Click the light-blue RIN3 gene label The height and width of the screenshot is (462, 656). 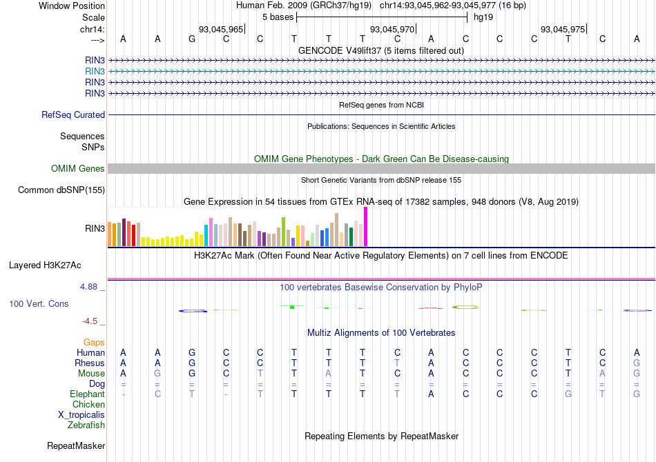tap(95, 71)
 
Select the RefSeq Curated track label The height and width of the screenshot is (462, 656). tap(73, 115)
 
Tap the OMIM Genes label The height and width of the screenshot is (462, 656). tap(78, 169)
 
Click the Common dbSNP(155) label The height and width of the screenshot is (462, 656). tap(61, 190)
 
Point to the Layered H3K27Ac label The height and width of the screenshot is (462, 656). tap(45, 265)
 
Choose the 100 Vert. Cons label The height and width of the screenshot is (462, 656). tap(39, 303)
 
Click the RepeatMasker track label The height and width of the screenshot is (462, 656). tap(76, 446)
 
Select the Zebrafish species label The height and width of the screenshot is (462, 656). tap(86, 425)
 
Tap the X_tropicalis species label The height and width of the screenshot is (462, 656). tap(81, 415)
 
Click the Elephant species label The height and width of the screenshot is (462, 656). tap(87, 394)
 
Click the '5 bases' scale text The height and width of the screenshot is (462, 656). tap(278, 17)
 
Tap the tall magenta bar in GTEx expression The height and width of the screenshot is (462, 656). tap(365, 226)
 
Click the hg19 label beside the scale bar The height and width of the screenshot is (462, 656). tap(483, 17)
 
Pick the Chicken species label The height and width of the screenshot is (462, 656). tap(88, 405)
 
